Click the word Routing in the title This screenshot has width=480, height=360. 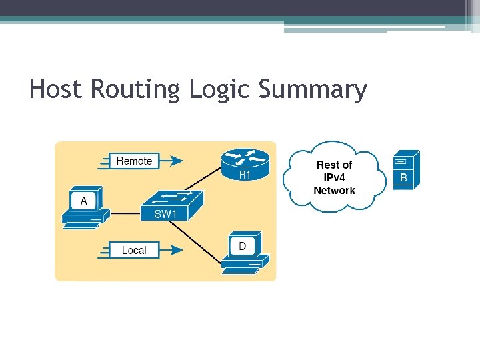[135, 89]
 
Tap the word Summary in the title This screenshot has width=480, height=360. [313, 89]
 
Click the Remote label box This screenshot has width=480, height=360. [134, 161]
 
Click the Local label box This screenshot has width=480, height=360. [134, 250]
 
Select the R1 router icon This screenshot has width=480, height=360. [245, 163]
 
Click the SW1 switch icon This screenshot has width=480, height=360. [172, 205]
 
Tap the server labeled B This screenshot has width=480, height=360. [406, 170]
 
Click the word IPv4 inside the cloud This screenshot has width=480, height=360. [334, 177]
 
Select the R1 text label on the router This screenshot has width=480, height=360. [245, 175]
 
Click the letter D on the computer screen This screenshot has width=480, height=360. [242, 247]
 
